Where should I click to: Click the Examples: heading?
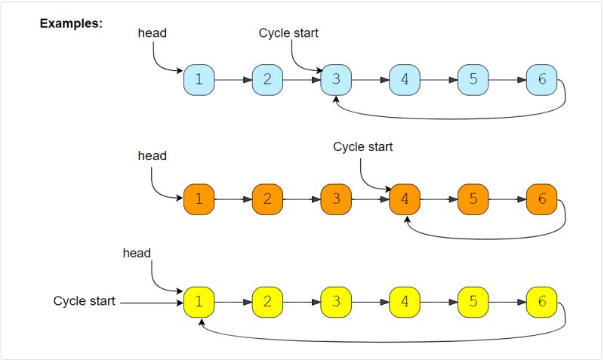pos(71,23)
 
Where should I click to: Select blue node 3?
pos(336,80)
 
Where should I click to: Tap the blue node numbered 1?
pos(199,80)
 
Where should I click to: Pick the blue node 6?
pos(541,80)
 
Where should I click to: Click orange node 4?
pos(405,199)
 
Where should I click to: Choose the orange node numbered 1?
pos(199,199)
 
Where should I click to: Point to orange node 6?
pos(541,199)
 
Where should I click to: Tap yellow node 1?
pos(199,302)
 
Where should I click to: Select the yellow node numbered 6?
pos(541,302)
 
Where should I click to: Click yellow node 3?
pos(336,302)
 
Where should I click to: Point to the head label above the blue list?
pos(153,33)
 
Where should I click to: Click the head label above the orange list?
pos(153,156)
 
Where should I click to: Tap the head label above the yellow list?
pos(137,253)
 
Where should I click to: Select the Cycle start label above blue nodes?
pos(288,33)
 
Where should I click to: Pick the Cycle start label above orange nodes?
pos(363,146)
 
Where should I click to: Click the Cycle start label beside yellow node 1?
pos(84,300)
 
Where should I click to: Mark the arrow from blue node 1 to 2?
pos(233,80)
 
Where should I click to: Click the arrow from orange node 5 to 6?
pos(507,199)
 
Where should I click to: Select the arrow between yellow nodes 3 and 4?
pos(370,302)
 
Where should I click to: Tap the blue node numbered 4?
pos(405,80)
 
